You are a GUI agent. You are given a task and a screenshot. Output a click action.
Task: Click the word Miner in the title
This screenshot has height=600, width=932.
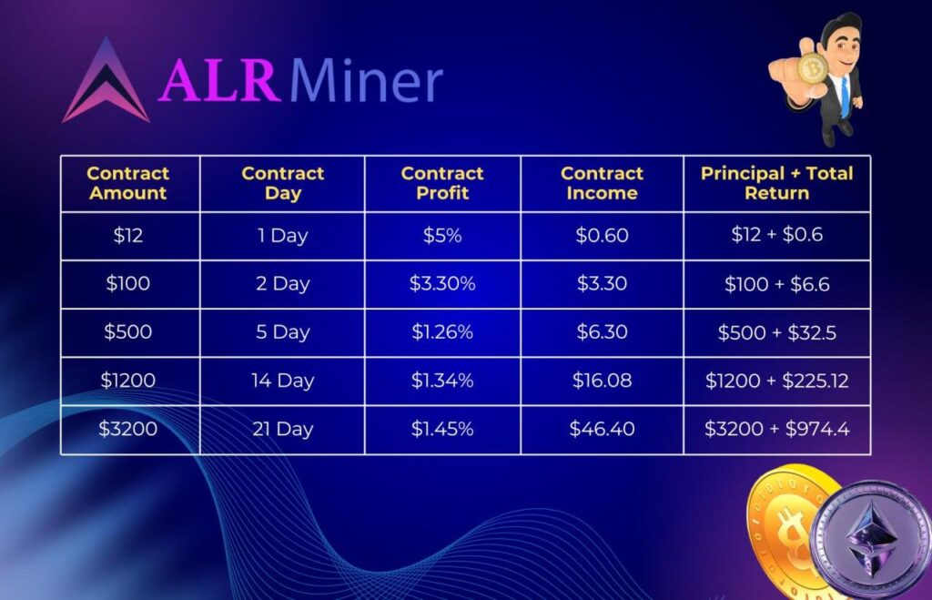[x=367, y=81]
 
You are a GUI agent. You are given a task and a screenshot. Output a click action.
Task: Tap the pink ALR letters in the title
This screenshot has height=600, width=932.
[x=218, y=81]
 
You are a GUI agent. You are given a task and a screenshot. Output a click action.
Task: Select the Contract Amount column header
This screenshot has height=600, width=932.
[x=127, y=183]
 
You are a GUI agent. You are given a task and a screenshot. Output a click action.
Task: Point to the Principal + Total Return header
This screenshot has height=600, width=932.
[x=777, y=183]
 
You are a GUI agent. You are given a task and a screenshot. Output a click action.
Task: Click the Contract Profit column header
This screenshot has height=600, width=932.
[x=442, y=183]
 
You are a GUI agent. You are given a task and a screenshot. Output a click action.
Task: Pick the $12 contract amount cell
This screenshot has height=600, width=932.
[x=127, y=236]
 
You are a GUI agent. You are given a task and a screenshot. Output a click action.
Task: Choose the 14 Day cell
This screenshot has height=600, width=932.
[x=282, y=381]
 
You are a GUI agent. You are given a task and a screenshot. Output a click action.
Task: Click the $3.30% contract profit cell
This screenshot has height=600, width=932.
[x=442, y=284]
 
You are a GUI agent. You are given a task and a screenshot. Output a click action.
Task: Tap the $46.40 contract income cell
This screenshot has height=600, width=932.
[x=602, y=429]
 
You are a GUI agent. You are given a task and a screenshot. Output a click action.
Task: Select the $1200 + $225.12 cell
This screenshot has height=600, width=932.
[x=777, y=381]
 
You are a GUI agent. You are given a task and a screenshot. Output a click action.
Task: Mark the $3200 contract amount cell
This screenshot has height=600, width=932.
[x=127, y=429]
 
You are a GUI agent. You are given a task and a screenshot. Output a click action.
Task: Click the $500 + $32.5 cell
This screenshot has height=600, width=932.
[x=777, y=332]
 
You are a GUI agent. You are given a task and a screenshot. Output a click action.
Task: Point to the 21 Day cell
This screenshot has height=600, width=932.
[x=282, y=429]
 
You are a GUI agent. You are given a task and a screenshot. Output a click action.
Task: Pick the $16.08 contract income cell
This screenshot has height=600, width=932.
[x=602, y=381]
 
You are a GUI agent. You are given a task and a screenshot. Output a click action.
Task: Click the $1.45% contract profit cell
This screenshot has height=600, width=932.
[x=442, y=429]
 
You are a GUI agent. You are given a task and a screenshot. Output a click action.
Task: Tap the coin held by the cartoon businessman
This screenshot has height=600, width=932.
[x=812, y=69]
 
